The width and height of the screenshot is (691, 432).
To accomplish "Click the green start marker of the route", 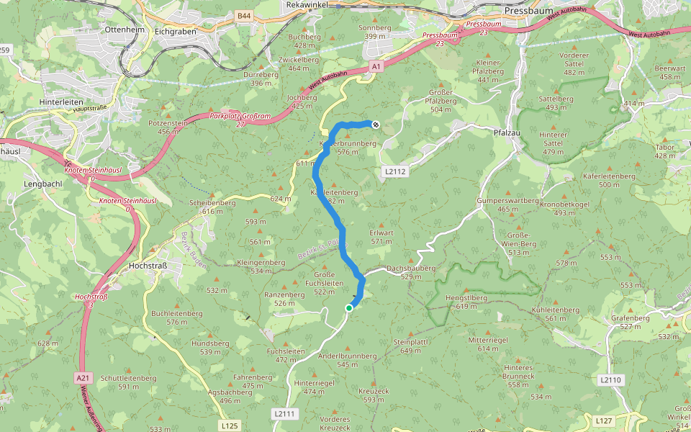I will [349, 308].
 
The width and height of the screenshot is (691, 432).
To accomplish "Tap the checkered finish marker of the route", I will [375, 124].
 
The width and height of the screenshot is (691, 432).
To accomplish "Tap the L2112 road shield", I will [395, 171].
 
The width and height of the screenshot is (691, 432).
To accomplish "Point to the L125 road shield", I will [229, 426].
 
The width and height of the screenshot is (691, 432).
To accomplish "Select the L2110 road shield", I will [609, 379].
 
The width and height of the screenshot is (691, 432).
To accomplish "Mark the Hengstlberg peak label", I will [471, 297].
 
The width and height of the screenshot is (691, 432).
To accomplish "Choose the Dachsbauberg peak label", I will [411, 268].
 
